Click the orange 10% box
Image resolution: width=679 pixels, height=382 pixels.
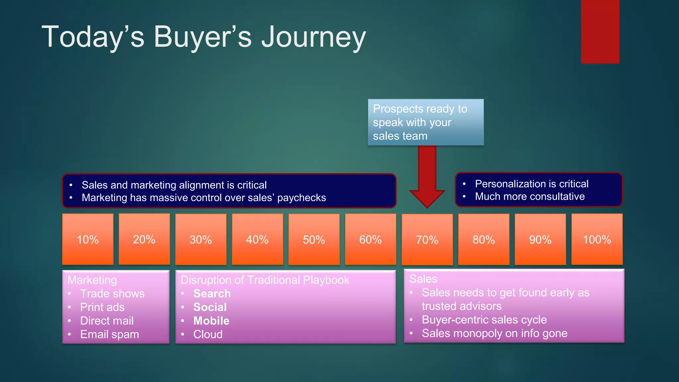click(x=88, y=239)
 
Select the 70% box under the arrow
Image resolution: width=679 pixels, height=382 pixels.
click(x=427, y=239)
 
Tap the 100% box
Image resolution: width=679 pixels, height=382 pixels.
click(x=597, y=239)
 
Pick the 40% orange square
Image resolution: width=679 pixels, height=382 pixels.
click(x=257, y=239)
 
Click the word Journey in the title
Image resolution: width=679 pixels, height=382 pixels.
click(x=313, y=37)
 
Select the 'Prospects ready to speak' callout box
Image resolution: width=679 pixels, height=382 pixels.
click(x=426, y=122)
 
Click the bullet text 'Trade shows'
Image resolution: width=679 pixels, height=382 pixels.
click(x=112, y=293)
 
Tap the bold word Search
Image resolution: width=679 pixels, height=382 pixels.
click(x=212, y=293)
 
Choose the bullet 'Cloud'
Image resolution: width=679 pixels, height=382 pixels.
click(x=208, y=334)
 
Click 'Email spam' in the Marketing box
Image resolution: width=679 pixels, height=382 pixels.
click(x=109, y=334)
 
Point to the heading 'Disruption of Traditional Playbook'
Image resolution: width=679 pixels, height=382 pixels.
click(x=265, y=280)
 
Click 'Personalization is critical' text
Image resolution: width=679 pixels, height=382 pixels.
click(x=531, y=184)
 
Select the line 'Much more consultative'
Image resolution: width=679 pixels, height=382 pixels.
click(x=529, y=196)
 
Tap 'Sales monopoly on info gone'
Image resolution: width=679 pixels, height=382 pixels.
click(x=494, y=333)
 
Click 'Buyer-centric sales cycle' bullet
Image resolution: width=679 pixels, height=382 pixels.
click(x=484, y=320)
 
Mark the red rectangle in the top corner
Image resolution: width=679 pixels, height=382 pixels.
click(x=600, y=32)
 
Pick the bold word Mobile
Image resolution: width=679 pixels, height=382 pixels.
click(x=211, y=321)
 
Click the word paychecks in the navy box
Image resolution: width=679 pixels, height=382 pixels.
click(x=301, y=198)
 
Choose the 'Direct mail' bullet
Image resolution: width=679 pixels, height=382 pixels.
click(x=107, y=321)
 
